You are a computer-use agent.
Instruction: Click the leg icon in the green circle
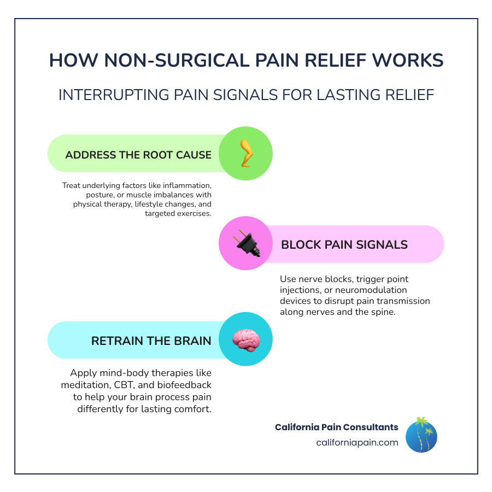pyautogui.click(x=245, y=154)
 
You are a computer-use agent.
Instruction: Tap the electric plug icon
pyautogui.click(x=245, y=244)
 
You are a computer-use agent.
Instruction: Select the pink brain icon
pyautogui.click(x=245, y=339)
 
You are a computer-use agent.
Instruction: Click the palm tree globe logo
pyautogui.click(x=421, y=436)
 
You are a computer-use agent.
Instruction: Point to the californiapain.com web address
pyautogui.click(x=357, y=443)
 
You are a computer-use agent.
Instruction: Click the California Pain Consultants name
pyautogui.click(x=336, y=427)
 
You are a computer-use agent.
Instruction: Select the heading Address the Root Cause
pyautogui.click(x=138, y=155)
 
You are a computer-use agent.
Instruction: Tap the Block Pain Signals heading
pyautogui.click(x=344, y=244)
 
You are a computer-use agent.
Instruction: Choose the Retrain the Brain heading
pyautogui.click(x=151, y=341)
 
